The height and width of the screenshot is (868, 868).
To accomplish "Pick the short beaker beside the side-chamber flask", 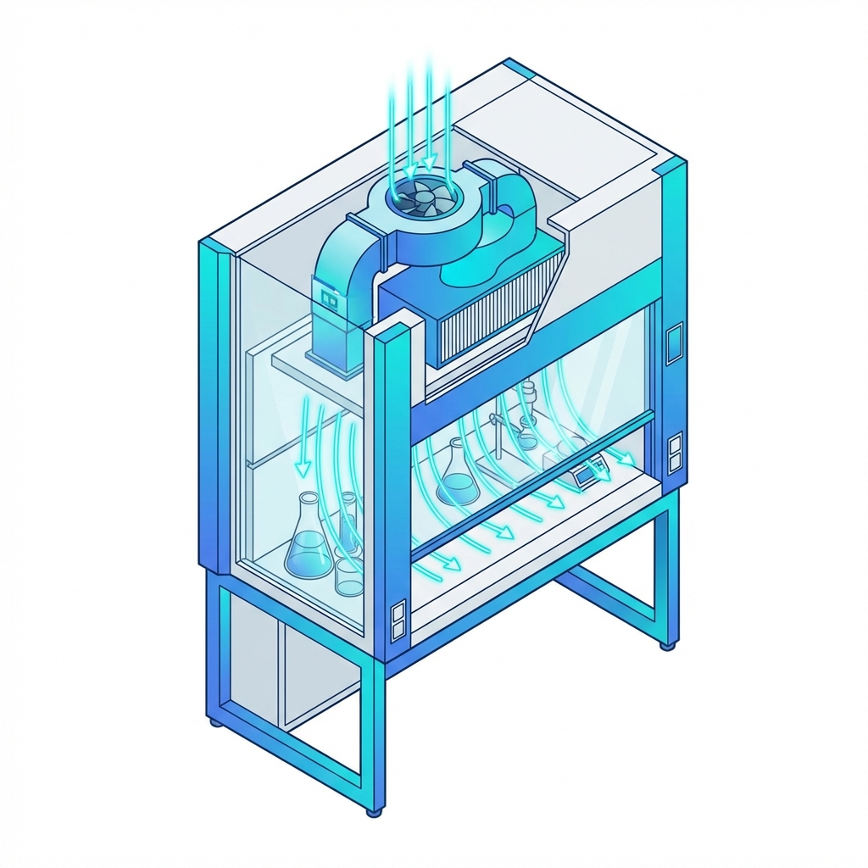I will [x=348, y=576].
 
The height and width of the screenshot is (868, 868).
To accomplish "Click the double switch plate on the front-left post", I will [x=398, y=620].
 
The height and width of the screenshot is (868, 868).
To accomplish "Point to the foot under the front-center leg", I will [x=373, y=812].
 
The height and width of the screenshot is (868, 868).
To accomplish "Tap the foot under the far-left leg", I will [x=213, y=723].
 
